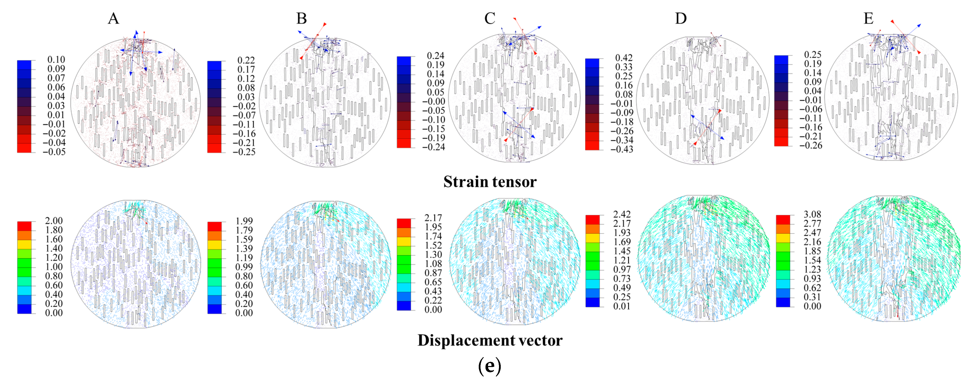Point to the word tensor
(516, 182)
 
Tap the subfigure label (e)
(489, 366)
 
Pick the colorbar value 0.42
(624, 58)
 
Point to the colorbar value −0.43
(621, 149)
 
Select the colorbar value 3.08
(812, 214)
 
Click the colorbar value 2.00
(54, 221)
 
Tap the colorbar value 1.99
(244, 221)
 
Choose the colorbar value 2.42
(622, 214)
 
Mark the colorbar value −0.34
(621, 140)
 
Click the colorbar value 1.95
(433, 227)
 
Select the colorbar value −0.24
(433, 147)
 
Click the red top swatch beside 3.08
(783, 220)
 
